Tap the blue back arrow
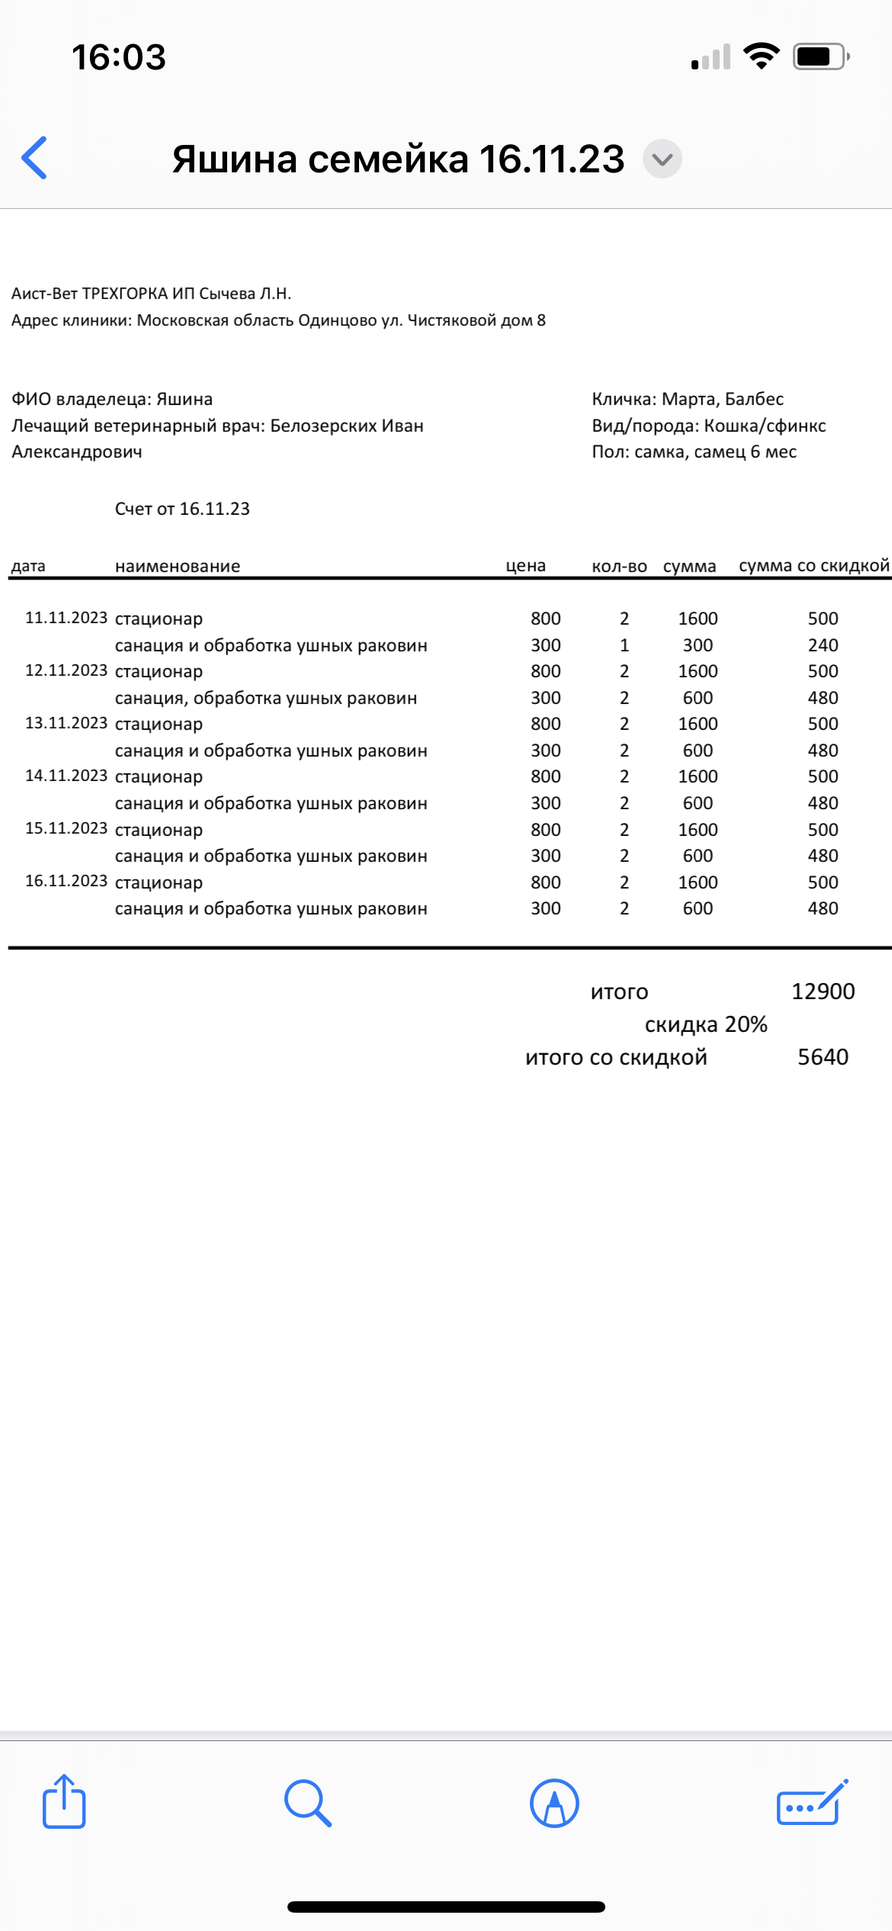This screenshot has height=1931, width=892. click(35, 158)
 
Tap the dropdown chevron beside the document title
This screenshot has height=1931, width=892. click(662, 159)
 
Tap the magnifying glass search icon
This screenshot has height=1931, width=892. click(308, 1803)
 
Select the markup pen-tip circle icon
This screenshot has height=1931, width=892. click(554, 1803)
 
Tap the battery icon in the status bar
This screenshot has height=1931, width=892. click(820, 56)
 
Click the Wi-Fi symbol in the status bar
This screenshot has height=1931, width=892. click(761, 56)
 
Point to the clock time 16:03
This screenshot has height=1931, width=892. click(119, 57)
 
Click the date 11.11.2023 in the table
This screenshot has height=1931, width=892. click(66, 618)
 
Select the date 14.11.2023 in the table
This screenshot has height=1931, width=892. click(66, 776)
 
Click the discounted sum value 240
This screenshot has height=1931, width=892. click(823, 645)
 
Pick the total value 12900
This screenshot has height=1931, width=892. click(823, 991)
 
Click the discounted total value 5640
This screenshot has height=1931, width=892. click(823, 1057)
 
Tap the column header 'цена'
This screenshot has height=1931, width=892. click(525, 566)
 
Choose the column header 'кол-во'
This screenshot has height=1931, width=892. click(619, 567)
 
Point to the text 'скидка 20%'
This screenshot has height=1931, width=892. click(706, 1024)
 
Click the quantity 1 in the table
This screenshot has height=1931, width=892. click(624, 645)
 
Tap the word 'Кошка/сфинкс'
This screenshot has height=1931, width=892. click(765, 426)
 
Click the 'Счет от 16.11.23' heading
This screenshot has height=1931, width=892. click(182, 509)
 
